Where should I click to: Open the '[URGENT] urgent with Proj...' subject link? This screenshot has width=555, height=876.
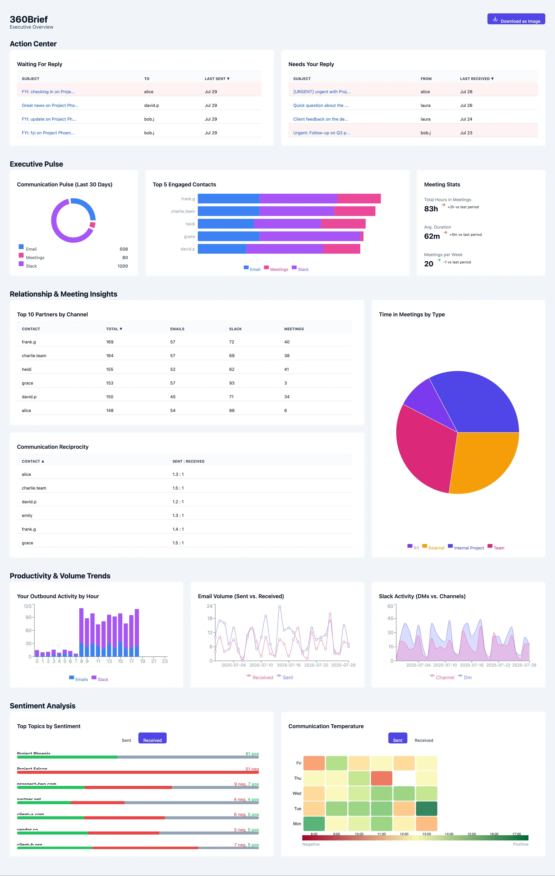click(x=322, y=92)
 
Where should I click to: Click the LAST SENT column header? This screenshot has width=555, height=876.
click(x=217, y=79)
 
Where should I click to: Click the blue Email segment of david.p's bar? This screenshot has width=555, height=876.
click(x=222, y=249)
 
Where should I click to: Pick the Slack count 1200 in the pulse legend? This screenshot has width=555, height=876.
click(x=123, y=266)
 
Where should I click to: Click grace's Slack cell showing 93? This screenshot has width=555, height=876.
click(x=232, y=383)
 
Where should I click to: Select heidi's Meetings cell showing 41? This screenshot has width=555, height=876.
click(x=287, y=369)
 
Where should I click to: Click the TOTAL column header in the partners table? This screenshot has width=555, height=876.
click(x=114, y=329)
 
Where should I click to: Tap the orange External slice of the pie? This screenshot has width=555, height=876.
click(x=484, y=462)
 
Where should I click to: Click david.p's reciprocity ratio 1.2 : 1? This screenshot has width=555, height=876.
click(x=178, y=502)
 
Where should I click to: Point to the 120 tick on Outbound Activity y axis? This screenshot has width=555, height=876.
click(x=27, y=606)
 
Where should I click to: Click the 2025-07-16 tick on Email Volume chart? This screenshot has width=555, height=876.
click(x=289, y=665)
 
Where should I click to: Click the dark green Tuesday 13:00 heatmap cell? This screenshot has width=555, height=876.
click(x=426, y=808)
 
